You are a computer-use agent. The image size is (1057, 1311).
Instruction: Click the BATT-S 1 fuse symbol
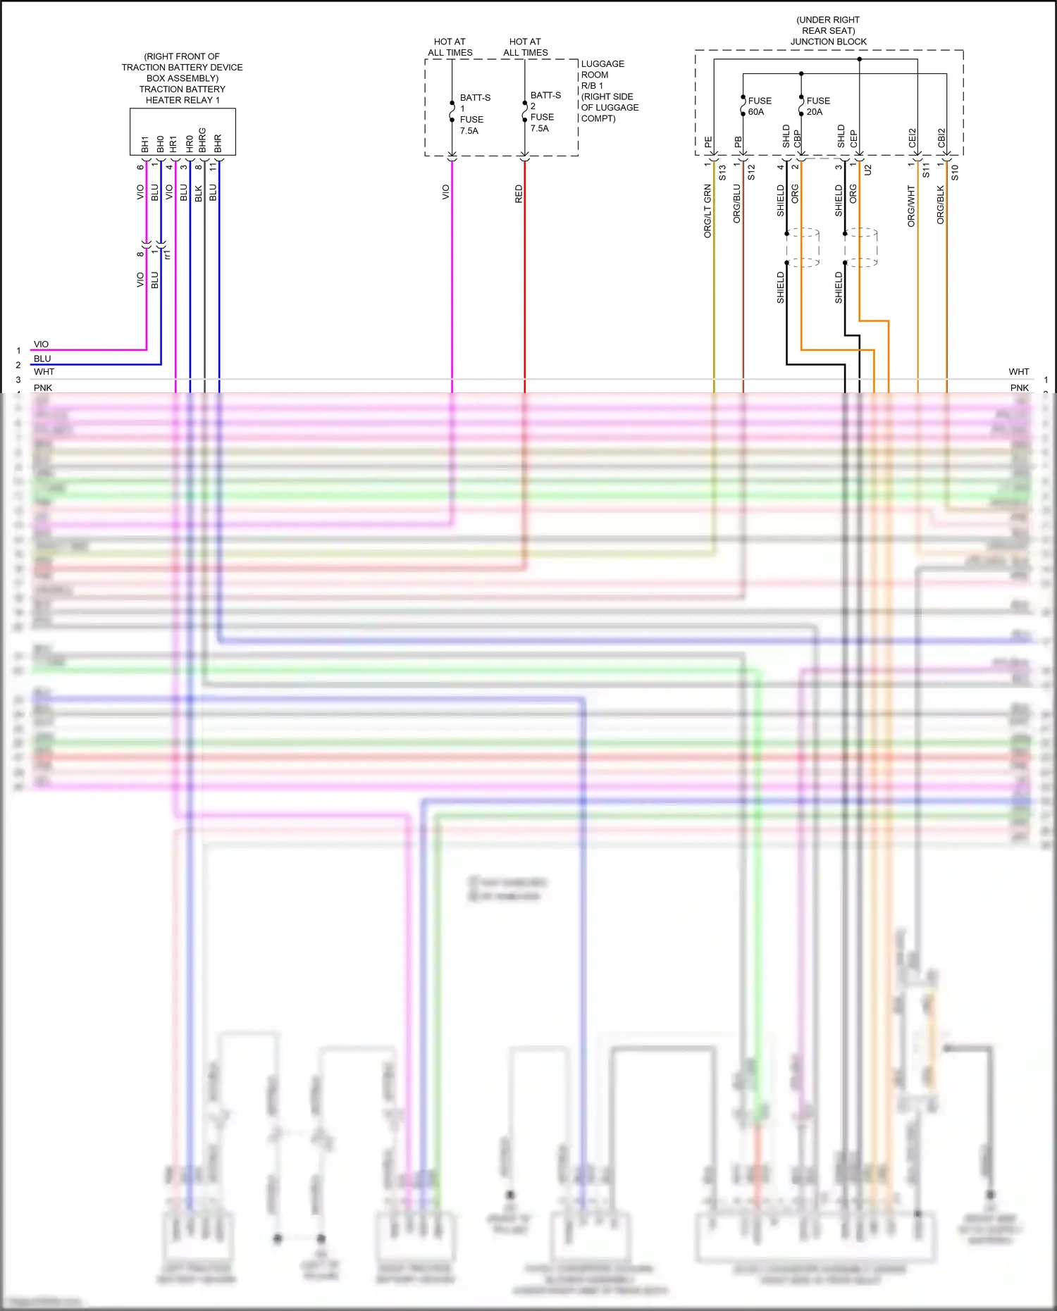pos(452,112)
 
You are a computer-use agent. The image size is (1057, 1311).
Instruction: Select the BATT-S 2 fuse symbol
pos(524,111)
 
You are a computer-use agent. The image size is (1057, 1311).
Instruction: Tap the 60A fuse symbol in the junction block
pos(743,106)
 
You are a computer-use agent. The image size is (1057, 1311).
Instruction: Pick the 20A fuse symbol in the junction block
pos(801,106)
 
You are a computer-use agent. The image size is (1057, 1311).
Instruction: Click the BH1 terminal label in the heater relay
pos(145,144)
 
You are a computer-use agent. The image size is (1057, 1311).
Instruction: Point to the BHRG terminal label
pos(203,140)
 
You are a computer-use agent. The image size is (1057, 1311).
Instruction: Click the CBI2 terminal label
pos(941,137)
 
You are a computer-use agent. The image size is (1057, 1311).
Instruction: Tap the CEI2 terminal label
pos(913,137)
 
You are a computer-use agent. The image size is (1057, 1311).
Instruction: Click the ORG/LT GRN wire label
pos(708,211)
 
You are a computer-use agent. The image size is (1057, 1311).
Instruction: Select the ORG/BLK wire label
pos(941,205)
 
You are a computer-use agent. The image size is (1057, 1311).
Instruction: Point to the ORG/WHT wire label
pos(911,206)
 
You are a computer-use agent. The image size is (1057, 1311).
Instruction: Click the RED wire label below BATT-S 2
pos(519,194)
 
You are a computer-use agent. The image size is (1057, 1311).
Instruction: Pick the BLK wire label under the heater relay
pos(199,193)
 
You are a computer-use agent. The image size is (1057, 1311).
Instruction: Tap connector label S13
pos(722,173)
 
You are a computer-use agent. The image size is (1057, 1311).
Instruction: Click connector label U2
pos(868,170)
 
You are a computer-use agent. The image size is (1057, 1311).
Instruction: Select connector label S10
pos(955,173)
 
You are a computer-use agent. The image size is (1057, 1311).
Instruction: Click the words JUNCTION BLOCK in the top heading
pos(828,42)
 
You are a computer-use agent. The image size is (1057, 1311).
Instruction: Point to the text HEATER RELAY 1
pos(183,100)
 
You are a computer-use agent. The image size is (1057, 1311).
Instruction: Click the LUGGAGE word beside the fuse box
pos(602,63)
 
